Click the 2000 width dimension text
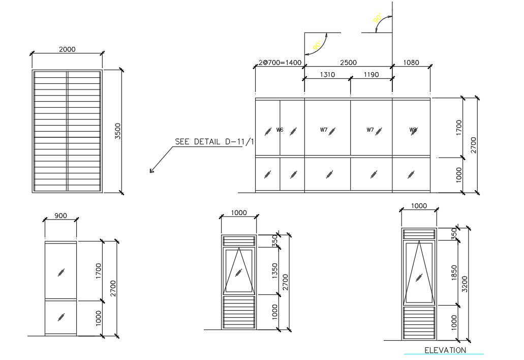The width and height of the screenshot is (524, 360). pos(67,49)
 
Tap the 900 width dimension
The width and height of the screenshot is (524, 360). pos(60,216)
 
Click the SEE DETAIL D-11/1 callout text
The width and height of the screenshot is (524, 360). pos(214,142)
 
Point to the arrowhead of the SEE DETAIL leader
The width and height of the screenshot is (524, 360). pos(151,171)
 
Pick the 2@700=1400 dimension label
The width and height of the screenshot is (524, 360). pos(280,63)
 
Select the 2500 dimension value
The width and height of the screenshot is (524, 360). pos(348,63)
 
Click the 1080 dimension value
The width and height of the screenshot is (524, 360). pos(411,63)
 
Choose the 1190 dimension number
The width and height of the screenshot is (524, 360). pos(372,75)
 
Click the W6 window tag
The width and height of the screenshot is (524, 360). pos(280,130)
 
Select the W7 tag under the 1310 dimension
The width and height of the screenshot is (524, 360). pos(324,130)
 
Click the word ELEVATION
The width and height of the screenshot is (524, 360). pos(445,350)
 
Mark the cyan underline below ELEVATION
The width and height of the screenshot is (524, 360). pos(444,354)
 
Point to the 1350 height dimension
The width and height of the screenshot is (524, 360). pos(274,271)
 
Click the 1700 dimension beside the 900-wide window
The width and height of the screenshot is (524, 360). pos(98,271)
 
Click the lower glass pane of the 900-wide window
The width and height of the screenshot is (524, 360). pos(60,317)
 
